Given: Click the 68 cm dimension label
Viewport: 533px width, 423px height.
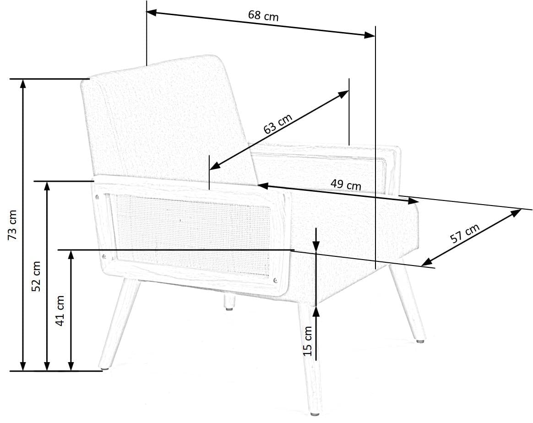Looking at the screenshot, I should [x=263, y=16].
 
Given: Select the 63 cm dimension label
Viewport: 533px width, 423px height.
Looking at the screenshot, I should [x=277, y=124].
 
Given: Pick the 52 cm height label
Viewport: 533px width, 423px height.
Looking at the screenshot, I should [x=37, y=276].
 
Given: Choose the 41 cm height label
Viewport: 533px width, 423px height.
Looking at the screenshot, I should [x=60, y=310].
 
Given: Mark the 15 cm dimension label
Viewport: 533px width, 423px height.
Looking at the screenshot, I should [x=308, y=341].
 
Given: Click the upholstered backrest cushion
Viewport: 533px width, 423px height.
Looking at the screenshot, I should [x=165, y=119].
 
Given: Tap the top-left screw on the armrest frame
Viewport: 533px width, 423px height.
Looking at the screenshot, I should [x=97, y=197].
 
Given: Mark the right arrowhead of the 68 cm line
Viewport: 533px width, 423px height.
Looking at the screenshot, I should [x=371, y=35].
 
